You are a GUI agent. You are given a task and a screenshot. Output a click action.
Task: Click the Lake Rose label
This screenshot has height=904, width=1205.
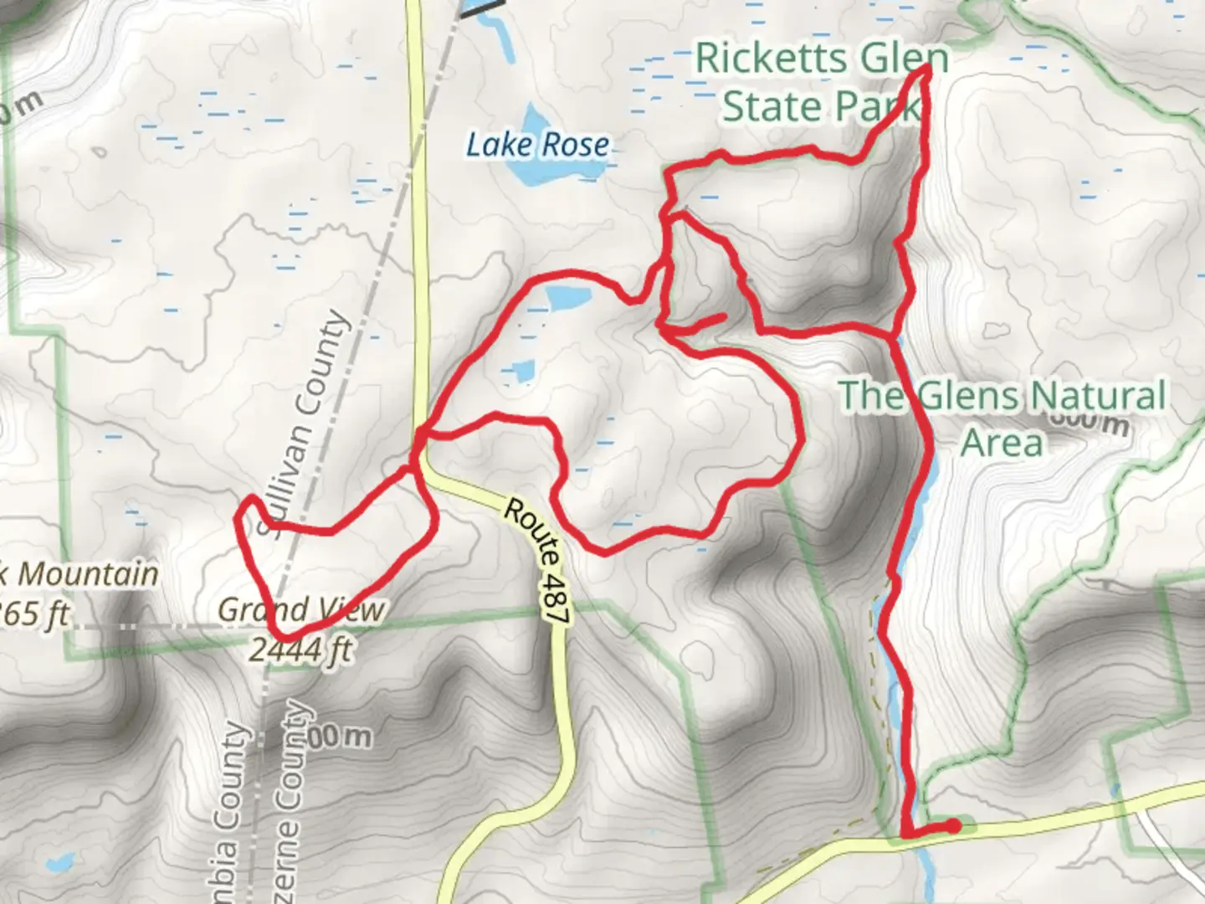[x=537, y=145]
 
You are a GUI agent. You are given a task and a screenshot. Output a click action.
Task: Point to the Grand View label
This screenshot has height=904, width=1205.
[x=301, y=610]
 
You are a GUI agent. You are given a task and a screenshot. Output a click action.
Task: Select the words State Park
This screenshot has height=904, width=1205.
[x=819, y=107]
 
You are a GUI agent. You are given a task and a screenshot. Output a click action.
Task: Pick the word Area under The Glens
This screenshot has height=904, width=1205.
[x=1001, y=442]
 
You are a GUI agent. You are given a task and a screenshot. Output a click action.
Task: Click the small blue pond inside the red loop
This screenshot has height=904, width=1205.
[x=568, y=295]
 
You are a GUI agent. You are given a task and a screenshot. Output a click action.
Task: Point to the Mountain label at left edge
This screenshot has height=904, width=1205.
[x=88, y=574]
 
